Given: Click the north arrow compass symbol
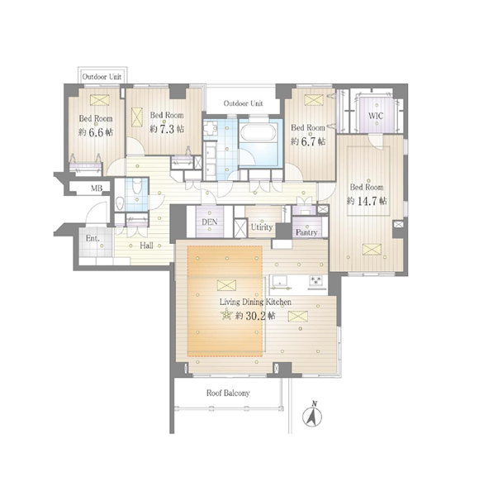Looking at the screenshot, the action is [312, 415].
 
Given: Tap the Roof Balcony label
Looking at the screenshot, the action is [228, 393].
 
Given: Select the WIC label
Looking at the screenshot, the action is [376, 116].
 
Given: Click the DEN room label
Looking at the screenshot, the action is [210, 222].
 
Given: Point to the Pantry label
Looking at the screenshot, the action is [306, 233].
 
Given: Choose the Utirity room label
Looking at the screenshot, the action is [262, 227].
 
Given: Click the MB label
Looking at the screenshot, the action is [97, 188].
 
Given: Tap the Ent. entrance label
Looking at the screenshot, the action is [92, 238].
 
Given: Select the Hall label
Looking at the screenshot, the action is [146, 246].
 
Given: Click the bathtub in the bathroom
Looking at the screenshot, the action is [258, 132].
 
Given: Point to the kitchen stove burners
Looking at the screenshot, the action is [316, 280].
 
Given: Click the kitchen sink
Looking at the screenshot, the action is [279, 281].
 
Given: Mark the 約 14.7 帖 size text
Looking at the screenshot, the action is [367, 201].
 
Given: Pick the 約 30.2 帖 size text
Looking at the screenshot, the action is [255, 316].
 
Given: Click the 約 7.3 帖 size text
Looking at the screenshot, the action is [167, 129].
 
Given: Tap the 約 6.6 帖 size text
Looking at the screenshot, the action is [96, 132].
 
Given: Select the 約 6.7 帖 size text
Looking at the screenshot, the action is [308, 141].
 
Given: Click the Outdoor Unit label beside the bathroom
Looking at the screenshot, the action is [244, 103].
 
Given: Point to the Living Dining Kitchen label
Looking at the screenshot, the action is [255, 302].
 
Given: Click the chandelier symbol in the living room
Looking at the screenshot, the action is [226, 314].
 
